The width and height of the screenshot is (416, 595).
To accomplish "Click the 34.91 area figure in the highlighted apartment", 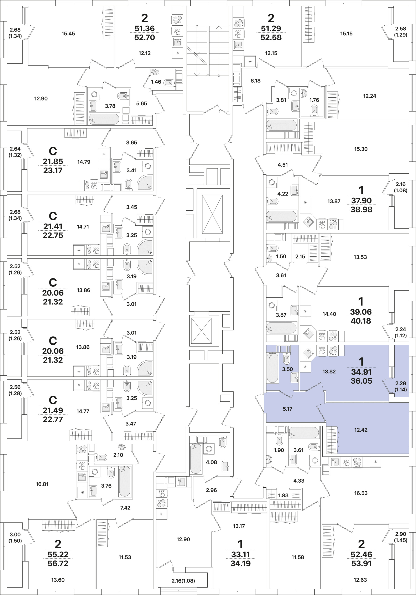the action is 361,372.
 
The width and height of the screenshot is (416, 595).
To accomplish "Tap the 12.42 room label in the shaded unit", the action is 361,430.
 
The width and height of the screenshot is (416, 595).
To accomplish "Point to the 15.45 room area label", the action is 68,34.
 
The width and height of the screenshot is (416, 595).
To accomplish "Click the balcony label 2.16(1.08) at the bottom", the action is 183,581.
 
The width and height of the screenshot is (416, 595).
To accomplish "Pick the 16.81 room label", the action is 42,484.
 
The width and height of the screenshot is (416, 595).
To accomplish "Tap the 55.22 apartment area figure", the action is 58,554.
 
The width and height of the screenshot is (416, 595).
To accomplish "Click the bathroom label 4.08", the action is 211,462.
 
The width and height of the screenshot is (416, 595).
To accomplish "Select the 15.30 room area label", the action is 361,149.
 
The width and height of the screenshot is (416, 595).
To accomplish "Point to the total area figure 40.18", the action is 361,321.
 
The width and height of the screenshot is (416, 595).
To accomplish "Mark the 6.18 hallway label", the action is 255,81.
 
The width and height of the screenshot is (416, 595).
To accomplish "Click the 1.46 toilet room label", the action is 156,82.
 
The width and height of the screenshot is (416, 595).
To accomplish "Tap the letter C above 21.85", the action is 53,151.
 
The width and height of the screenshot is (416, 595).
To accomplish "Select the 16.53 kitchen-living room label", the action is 361,493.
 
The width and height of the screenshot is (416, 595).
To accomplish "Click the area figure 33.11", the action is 240,554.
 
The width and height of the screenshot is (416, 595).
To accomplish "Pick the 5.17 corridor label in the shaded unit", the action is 287,409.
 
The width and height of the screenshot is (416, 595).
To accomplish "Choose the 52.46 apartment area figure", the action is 361,554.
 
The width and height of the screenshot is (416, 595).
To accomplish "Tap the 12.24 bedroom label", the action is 370,96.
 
